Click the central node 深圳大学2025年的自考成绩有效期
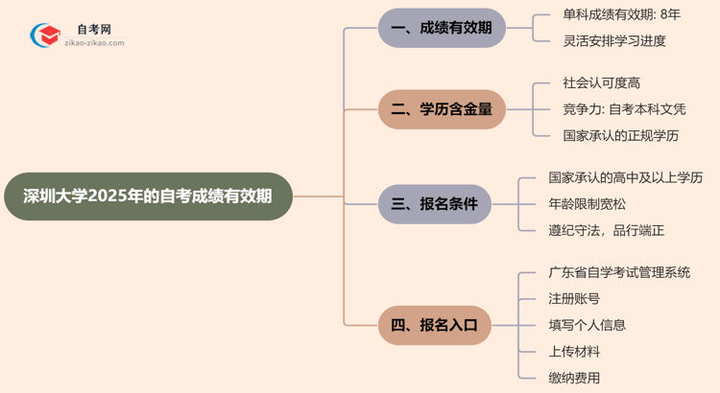click(146, 196)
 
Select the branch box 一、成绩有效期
click(442, 28)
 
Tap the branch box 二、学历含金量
click(442, 109)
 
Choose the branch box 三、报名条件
click(442, 204)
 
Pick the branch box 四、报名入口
click(442, 325)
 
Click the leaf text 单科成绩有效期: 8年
click(621, 15)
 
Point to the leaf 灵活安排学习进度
click(614, 40)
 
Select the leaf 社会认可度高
click(601, 83)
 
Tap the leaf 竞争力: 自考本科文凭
click(624, 109)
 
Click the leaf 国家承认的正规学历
click(621, 135)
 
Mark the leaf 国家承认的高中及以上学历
click(625, 178)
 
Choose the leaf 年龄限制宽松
click(588, 204)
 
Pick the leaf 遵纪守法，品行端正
click(607, 230)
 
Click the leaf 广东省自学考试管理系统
click(619, 273)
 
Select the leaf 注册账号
click(574, 299)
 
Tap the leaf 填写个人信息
click(588, 325)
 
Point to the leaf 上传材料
click(574, 351)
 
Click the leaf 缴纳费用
click(574, 378)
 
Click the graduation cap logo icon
click(44, 36)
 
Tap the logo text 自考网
click(94, 30)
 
